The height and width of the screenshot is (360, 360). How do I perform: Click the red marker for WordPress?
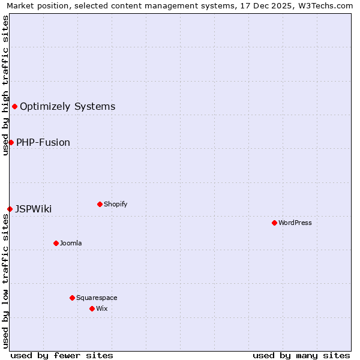point(274,223)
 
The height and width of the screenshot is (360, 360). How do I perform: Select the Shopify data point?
point(100,204)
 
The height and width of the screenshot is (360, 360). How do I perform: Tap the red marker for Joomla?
point(56,243)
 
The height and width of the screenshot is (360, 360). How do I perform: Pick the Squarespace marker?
point(72,298)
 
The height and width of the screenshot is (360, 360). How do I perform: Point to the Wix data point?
point(92,308)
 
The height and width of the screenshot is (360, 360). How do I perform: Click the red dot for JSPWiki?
point(10,209)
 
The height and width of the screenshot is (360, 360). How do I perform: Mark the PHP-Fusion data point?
point(11,142)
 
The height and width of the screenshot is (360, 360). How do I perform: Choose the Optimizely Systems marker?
point(14,106)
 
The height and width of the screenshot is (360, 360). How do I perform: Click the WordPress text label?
point(295,223)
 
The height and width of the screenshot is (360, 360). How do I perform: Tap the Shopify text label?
point(116,204)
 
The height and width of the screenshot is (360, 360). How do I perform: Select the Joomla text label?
point(71,243)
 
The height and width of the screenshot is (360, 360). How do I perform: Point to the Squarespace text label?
point(97,298)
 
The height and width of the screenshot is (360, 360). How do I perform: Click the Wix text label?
point(102,308)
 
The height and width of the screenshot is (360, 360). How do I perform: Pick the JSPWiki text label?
point(34,209)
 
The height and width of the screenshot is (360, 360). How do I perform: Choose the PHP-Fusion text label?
point(43,142)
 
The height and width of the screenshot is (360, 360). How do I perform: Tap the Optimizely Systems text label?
point(68,106)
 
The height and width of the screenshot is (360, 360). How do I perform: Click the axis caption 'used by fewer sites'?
point(62,355)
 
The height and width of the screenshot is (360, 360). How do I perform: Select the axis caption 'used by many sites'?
point(301,355)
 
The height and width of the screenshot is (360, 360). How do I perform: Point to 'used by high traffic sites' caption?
point(5,85)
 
